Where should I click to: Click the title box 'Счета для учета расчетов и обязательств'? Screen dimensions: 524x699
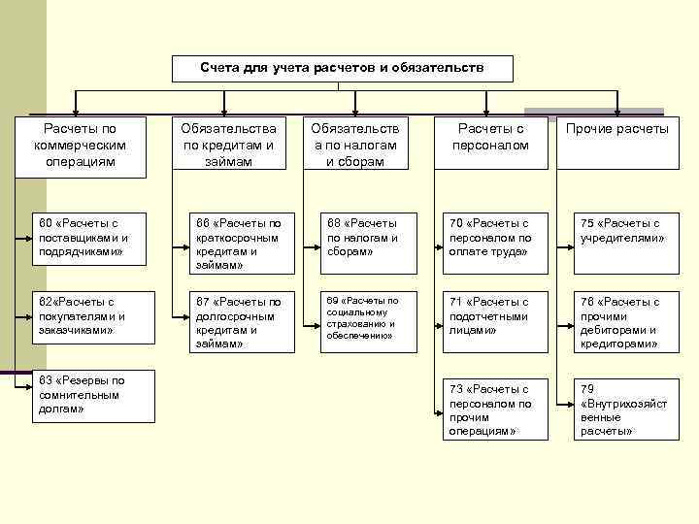tap(342, 68)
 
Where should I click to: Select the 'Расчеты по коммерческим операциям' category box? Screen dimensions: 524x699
tap(81, 145)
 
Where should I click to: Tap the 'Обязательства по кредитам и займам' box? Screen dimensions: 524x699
tap(229, 145)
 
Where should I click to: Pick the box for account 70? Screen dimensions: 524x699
tap(493, 237)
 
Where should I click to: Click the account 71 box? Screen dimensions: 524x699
tap(493, 316)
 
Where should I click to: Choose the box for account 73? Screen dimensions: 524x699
tap(493, 409)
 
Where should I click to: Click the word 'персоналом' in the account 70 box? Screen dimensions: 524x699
tap(491, 237)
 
